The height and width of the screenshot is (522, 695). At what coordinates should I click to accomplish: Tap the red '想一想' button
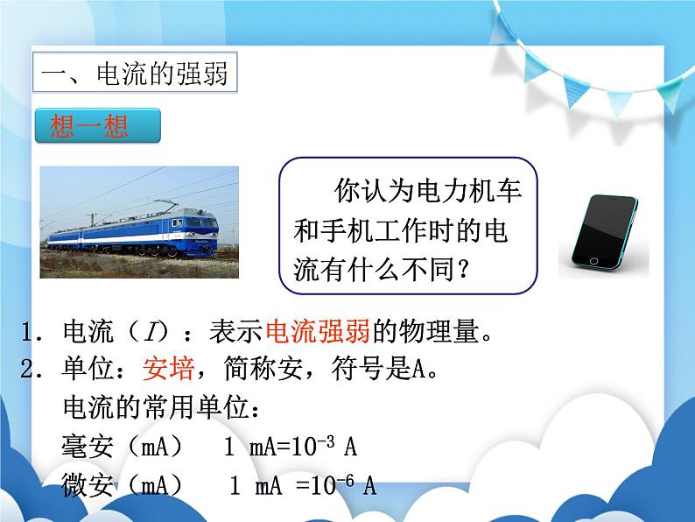click(97, 126)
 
